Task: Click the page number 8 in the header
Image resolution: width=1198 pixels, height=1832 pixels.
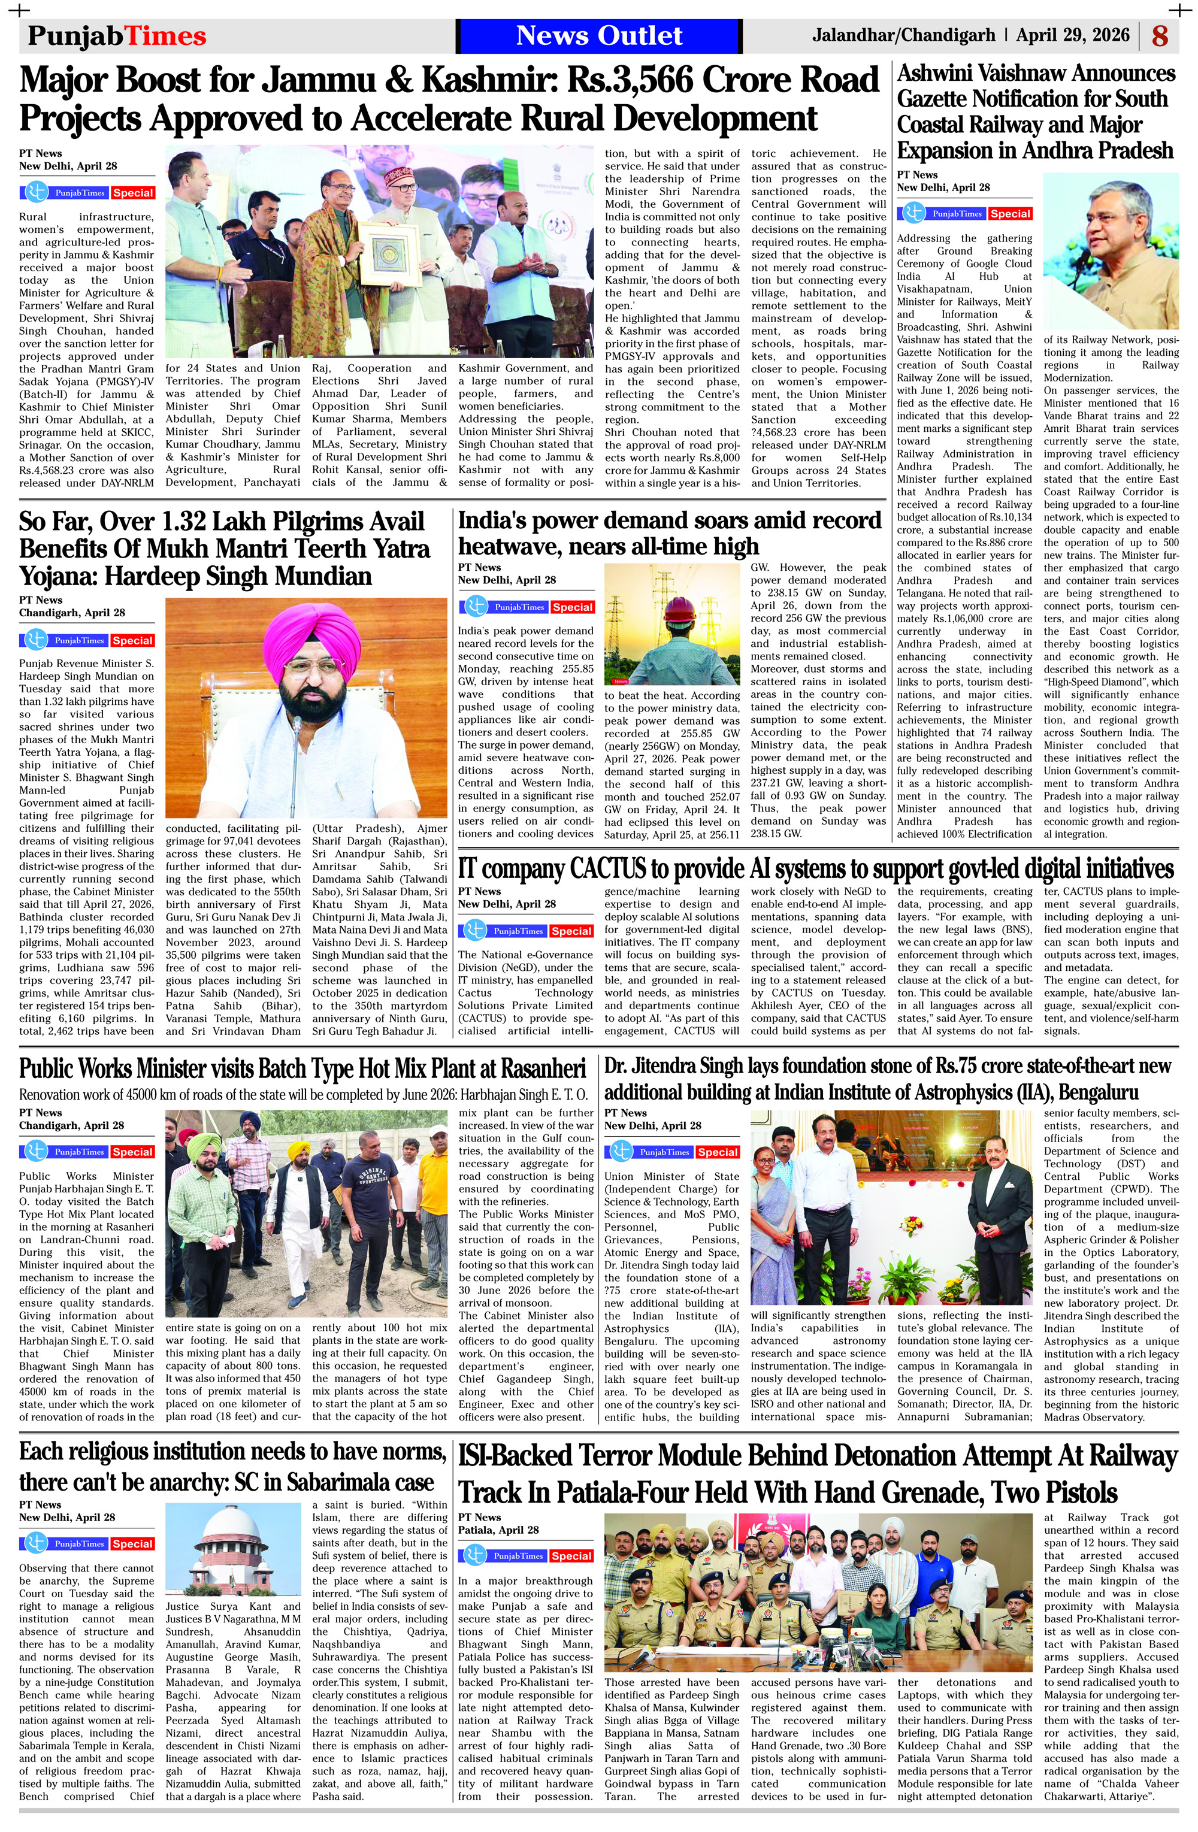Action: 1160,35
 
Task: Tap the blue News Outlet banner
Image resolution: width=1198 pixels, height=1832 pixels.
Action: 598,35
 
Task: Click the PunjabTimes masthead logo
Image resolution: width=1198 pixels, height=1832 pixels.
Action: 117,35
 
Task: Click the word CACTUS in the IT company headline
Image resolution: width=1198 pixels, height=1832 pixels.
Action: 607,868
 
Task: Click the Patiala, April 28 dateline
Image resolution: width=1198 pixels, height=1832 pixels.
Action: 498,1530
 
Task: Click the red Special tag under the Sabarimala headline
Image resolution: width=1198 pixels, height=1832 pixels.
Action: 132,1543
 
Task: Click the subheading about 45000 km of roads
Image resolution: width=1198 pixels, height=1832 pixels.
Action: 303,1094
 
